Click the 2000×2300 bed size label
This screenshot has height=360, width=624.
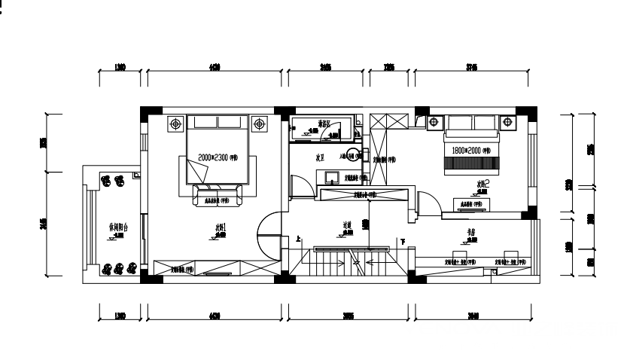218,157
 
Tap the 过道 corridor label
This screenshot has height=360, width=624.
348,224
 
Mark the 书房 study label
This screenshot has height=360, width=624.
470,233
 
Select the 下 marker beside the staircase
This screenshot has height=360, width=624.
403,241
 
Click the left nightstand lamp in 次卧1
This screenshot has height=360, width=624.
175,124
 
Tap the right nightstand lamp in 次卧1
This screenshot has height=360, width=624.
259,124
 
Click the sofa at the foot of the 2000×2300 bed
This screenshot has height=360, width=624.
218,196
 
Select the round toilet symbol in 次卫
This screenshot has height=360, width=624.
353,156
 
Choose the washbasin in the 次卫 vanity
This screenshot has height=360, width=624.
330,178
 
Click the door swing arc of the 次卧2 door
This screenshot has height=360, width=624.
425,202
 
